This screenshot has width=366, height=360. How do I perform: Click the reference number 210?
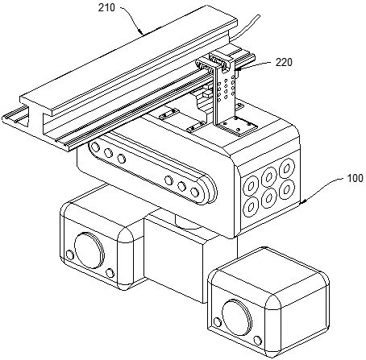coord(106,8)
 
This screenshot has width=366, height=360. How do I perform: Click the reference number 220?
coord(284,63)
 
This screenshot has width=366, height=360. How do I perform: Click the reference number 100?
coord(356,178)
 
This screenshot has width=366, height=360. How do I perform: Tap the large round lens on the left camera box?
coord(89,250)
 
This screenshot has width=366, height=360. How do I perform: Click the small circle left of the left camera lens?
coord(70,254)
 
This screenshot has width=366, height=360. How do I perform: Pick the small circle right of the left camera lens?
coord(110,273)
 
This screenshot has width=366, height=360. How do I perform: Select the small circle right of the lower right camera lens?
coord(258,341)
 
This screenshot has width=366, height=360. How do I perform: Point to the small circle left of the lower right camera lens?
coord(218,322)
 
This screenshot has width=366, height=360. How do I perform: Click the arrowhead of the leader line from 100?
coord(302,202)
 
